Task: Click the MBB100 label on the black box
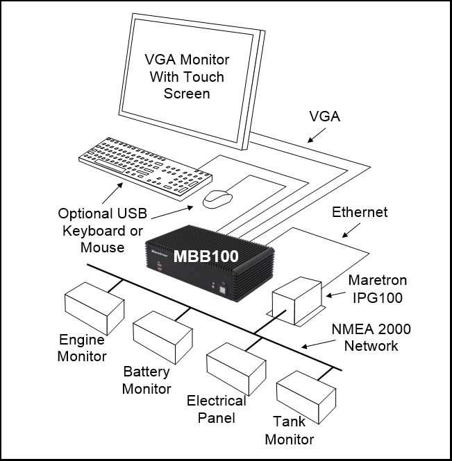pyautogui.click(x=206, y=256)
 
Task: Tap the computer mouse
pyautogui.click(x=217, y=200)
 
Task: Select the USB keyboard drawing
pyautogui.click(x=146, y=169)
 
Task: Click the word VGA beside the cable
pyautogui.click(x=324, y=116)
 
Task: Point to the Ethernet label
pyautogui.click(x=360, y=212)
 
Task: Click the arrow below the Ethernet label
pyautogui.click(x=351, y=230)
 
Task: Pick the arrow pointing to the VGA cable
pyautogui.click(x=317, y=135)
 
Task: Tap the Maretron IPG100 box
pyautogui.click(x=296, y=301)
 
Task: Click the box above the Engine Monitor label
pyautogui.click(x=94, y=308)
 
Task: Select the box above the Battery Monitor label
pyautogui.click(x=163, y=338)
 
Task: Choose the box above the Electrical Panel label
pyautogui.click(x=236, y=369)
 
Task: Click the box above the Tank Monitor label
pyautogui.click(x=306, y=397)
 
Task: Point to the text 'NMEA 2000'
pyautogui.click(x=371, y=329)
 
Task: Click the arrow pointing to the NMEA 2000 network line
pyautogui.click(x=319, y=345)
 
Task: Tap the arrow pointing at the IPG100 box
pyautogui.click(x=335, y=295)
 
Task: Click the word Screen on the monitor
pyautogui.click(x=187, y=94)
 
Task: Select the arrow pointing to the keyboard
pyautogui.click(x=112, y=193)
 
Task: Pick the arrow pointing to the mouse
pyautogui.click(x=172, y=213)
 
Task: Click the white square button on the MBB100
pyautogui.click(x=223, y=290)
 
